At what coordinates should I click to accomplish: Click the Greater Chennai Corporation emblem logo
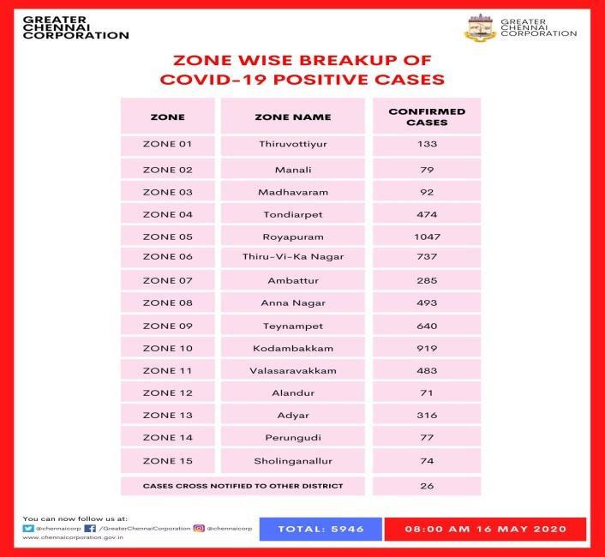coord(479,27)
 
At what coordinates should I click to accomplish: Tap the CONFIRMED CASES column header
coord(427,117)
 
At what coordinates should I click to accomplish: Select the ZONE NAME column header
coord(293,117)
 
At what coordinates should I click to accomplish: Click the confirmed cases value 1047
coord(427,237)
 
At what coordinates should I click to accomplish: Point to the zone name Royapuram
coord(293,237)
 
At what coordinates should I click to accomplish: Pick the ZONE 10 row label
coord(167,349)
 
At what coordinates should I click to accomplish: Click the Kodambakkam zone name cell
coord(293,349)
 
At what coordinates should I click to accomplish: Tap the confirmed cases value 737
coord(427,257)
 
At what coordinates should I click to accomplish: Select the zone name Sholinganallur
coord(293,460)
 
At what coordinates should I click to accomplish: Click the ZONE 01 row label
coord(167,145)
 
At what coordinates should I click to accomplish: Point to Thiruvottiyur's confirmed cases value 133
coord(427,145)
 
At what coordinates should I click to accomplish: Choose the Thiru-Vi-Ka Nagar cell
coord(293,257)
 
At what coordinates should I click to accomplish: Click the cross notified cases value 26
coord(427,486)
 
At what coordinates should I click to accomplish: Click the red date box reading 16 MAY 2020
coord(485,529)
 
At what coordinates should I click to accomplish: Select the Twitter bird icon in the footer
coord(28,529)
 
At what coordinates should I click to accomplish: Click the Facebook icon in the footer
coord(89,529)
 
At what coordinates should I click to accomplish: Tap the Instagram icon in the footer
coord(198,529)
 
